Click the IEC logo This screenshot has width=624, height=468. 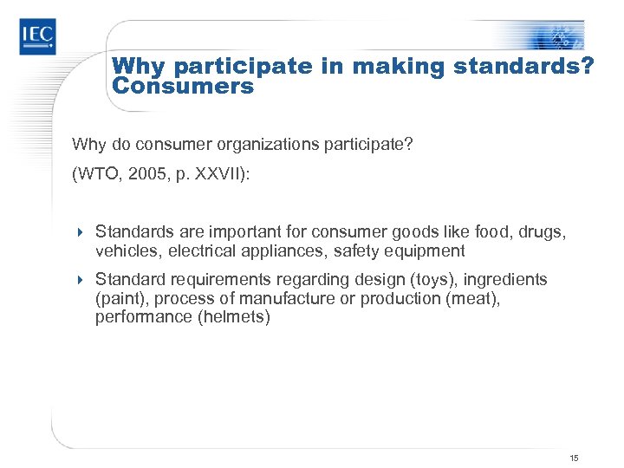coord(37,36)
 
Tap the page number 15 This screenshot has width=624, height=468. coord(574,457)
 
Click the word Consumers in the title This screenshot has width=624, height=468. coord(183,87)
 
